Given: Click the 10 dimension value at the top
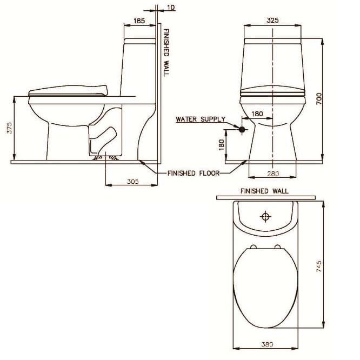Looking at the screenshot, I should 171,8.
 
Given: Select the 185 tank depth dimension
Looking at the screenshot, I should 139,21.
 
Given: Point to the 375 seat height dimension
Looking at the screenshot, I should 9,129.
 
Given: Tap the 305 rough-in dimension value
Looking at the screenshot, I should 132,182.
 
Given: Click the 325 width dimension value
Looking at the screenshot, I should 272,20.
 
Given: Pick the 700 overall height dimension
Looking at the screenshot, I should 319,98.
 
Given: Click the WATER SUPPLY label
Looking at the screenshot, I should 201,119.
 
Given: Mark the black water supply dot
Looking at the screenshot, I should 242,129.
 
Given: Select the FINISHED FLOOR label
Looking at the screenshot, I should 194,174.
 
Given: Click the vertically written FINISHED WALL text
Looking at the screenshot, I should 166,52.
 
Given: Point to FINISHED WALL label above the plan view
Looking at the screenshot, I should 264,191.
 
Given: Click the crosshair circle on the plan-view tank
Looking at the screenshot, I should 265,216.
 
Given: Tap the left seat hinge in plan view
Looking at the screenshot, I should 252,247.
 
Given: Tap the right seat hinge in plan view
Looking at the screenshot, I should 278,247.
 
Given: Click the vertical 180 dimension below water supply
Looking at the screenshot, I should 221,144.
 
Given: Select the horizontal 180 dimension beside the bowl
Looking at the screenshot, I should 257,114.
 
